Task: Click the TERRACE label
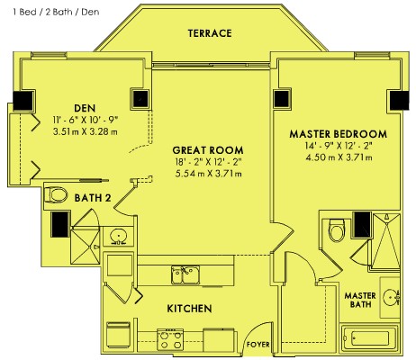tap(210, 33)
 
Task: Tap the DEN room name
tap(85, 108)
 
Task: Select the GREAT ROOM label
tap(208, 150)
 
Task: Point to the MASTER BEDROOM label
tap(339, 134)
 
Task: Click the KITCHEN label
tap(189, 309)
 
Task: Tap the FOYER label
tap(258, 345)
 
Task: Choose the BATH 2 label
tap(93, 198)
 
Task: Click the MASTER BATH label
tap(360, 300)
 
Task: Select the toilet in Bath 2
tap(56, 194)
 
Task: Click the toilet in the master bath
tap(337, 230)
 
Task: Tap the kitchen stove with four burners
tap(170, 339)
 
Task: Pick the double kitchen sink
tap(185, 274)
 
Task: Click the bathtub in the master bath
tap(370, 338)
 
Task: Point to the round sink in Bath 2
tap(118, 237)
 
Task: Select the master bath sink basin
tap(392, 297)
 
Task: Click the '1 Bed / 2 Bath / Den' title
tap(56, 12)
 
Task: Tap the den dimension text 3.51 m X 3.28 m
tap(86, 131)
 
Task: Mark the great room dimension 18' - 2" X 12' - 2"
tap(208, 162)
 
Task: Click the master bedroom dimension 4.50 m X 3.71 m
tap(339, 157)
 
